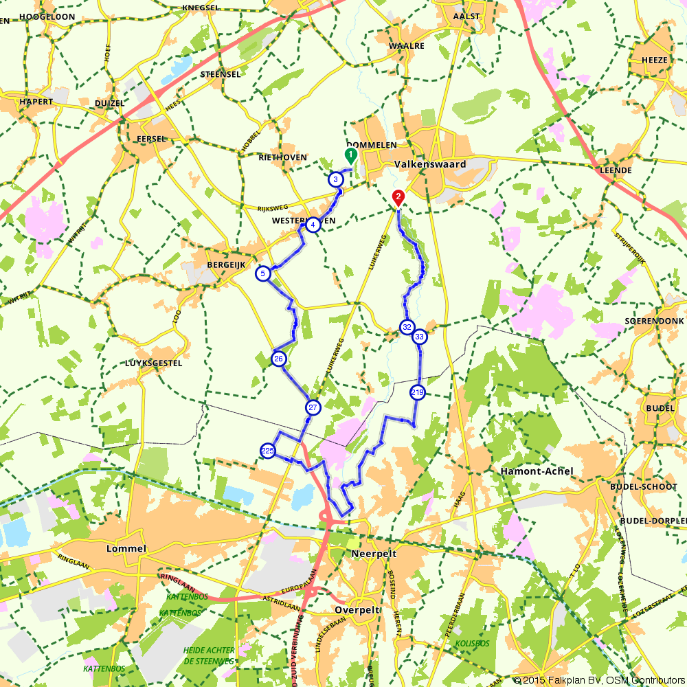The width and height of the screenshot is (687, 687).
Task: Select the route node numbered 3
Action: coord(335,179)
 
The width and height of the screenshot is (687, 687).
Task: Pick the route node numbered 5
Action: coord(262,273)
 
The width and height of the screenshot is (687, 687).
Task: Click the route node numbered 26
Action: coord(278,359)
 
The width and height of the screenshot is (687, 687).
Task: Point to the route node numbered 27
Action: coord(313,407)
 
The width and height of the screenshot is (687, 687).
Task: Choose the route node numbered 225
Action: coord(268,451)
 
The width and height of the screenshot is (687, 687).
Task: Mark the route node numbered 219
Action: coord(417,392)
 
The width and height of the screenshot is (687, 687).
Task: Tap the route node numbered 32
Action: coord(407,327)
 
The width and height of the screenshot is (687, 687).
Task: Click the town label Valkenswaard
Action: coord(430,165)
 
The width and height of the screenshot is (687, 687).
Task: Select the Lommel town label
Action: coord(127,549)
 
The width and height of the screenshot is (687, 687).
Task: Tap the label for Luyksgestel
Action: coord(154,363)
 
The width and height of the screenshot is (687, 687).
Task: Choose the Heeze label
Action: coord(654,60)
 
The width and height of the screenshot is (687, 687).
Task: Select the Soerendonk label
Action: coord(655,321)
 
